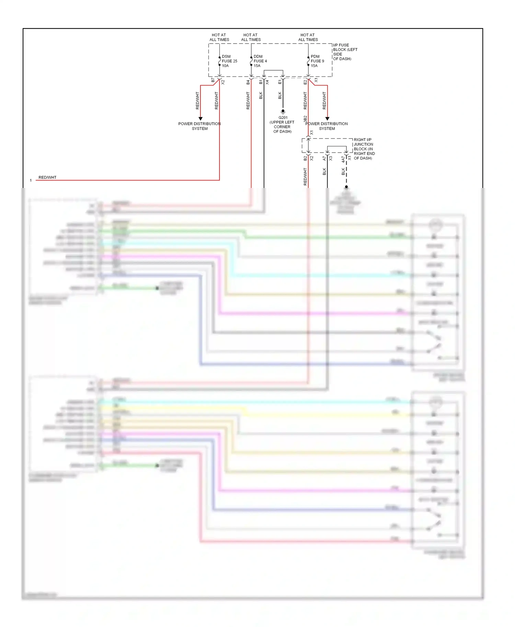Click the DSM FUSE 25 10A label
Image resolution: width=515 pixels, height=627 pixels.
pyautogui.click(x=229, y=61)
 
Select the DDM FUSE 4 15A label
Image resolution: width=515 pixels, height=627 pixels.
pyautogui.click(x=260, y=61)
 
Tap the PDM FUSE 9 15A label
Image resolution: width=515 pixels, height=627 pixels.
pyautogui.click(x=317, y=61)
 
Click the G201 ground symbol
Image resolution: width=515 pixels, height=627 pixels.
pyautogui.click(x=283, y=111)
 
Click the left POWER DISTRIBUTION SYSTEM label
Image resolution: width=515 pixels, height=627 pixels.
pyautogui.click(x=199, y=126)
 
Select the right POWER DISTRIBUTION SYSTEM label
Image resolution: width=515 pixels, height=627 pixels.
pyautogui.click(x=327, y=126)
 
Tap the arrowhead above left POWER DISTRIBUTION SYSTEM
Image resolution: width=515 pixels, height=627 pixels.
pyautogui.click(x=201, y=119)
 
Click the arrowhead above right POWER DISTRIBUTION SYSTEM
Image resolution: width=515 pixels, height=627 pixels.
pyautogui.click(x=327, y=119)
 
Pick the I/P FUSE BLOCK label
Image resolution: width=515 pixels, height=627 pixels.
pyautogui.click(x=345, y=52)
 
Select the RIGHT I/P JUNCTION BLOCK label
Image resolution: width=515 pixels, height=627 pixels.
pyautogui.click(x=364, y=149)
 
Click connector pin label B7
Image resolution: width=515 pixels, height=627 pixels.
pyautogui.click(x=213, y=80)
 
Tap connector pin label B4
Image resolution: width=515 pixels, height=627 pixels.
pyautogui.click(x=248, y=82)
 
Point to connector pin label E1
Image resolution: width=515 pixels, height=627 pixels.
pyautogui.click(x=280, y=82)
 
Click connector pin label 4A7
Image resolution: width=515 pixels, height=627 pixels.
pyautogui.click(x=343, y=159)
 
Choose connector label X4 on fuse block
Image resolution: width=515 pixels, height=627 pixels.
pyautogui.click(x=267, y=82)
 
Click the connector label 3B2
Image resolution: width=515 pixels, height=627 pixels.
pyautogui.click(x=305, y=119)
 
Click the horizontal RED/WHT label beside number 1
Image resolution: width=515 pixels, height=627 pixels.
pyautogui.click(x=47, y=177)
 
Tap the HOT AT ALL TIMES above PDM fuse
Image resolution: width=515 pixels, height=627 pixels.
pyautogui.click(x=308, y=37)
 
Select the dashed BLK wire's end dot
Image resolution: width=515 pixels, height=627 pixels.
pyautogui.click(x=346, y=187)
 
